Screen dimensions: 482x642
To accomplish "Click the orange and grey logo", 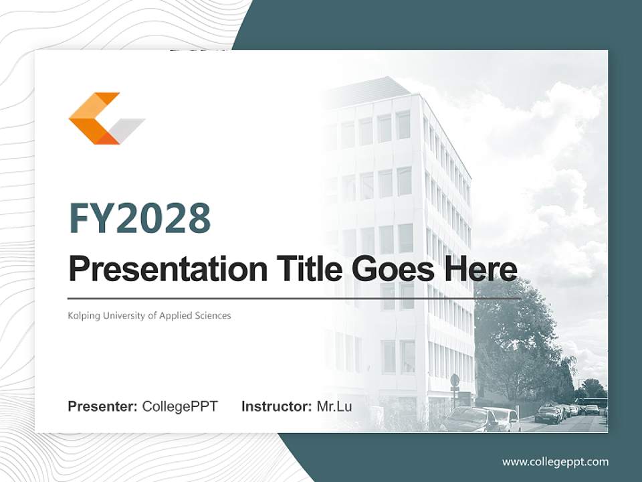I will click(106, 118).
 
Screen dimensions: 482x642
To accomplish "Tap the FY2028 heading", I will click(140, 218).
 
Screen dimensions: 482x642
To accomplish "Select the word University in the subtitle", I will click(126, 315).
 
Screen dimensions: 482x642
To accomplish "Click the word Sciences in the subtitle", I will click(212, 315).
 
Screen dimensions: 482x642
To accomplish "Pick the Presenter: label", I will click(103, 406).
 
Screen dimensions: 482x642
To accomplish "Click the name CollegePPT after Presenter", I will click(180, 406).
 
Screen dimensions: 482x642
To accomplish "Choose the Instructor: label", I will click(276, 406).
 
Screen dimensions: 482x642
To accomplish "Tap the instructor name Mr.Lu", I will click(334, 406).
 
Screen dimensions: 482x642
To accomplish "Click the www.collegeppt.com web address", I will click(555, 461).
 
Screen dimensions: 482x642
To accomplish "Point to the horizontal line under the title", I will click(294, 298).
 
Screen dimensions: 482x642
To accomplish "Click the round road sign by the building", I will click(455, 380).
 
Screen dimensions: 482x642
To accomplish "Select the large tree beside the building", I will click(515, 341).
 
